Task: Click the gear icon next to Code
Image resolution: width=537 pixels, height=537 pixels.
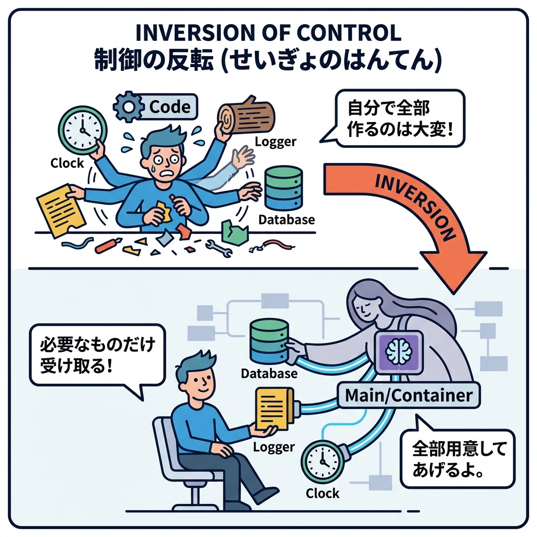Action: point(127,106)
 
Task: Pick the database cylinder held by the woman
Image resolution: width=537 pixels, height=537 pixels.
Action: point(269,341)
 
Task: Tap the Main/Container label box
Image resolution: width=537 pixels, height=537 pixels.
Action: point(409,395)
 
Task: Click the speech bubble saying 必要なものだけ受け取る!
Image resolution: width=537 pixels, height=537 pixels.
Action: point(97,356)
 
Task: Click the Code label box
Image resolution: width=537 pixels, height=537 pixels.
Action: point(169,106)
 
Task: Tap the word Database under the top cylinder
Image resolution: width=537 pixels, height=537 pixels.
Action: point(286,220)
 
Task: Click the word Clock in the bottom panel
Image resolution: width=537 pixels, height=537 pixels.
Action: point(322,493)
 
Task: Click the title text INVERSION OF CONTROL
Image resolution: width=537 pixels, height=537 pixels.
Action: point(268,33)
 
